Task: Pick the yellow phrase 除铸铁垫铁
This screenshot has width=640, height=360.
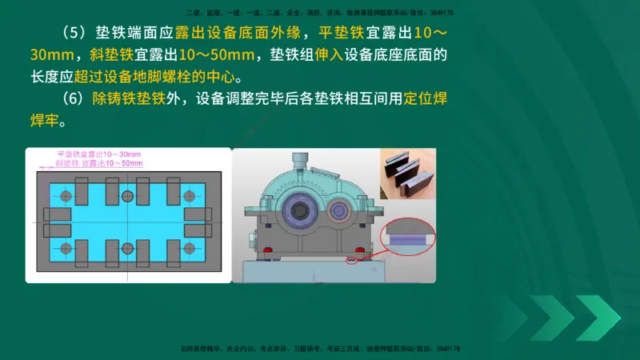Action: tap(128, 100)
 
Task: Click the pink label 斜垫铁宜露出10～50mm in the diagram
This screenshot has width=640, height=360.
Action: tap(98, 162)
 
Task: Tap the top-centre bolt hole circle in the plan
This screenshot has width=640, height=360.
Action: tap(127, 195)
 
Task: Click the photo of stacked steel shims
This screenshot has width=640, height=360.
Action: tap(407, 174)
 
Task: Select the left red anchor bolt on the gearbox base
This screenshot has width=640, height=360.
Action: tap(267, 252)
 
